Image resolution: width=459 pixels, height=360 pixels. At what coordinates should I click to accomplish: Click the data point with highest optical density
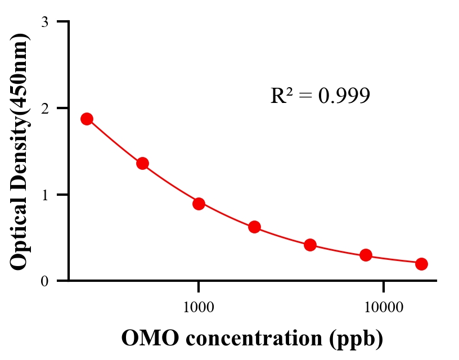click(x=87, y=119)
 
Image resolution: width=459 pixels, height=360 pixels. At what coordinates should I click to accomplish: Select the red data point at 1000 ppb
click(x=199, y=204)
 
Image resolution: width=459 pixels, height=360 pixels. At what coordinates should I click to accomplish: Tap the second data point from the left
click(x=142, y=164)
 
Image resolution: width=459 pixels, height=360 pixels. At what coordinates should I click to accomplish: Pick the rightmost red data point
click(x=421, y=264)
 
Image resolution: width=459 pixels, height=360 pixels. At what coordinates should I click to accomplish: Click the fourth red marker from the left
click(x=254, y=227)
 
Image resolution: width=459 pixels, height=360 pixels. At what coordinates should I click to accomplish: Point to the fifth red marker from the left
click(x=310, y=245)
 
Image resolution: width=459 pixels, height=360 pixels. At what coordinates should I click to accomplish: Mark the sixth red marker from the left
click(x=366, y=255)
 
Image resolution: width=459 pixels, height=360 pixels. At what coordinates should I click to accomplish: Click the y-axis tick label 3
click(x=44, y=22)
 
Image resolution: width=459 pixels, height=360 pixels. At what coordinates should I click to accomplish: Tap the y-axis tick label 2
click(x=44, y=108)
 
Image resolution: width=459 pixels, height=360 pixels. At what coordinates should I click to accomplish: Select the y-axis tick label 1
click(x=44, y=195)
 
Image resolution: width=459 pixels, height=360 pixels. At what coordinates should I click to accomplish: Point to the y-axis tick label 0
click(x=44, y=281)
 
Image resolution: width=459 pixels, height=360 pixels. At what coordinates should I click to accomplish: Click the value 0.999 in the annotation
click(x=344, y=96)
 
